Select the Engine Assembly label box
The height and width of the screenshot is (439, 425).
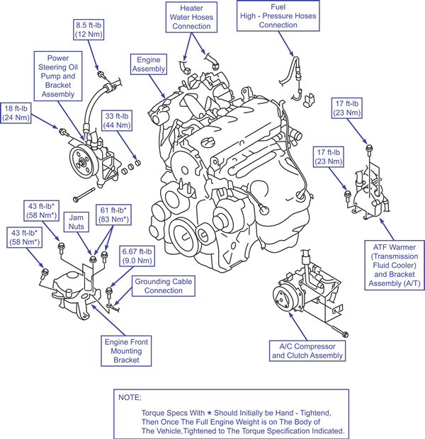tap(150, 64)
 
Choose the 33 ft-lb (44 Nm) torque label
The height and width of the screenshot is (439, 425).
tap(118, 120)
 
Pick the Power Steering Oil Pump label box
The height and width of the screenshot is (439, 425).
tap(57, 74)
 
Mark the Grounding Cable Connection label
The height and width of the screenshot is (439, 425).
tap(164, 285)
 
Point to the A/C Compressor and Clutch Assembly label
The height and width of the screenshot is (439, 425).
tap(307, 350)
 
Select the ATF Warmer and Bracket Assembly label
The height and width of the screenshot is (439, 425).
tap(392, 265)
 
